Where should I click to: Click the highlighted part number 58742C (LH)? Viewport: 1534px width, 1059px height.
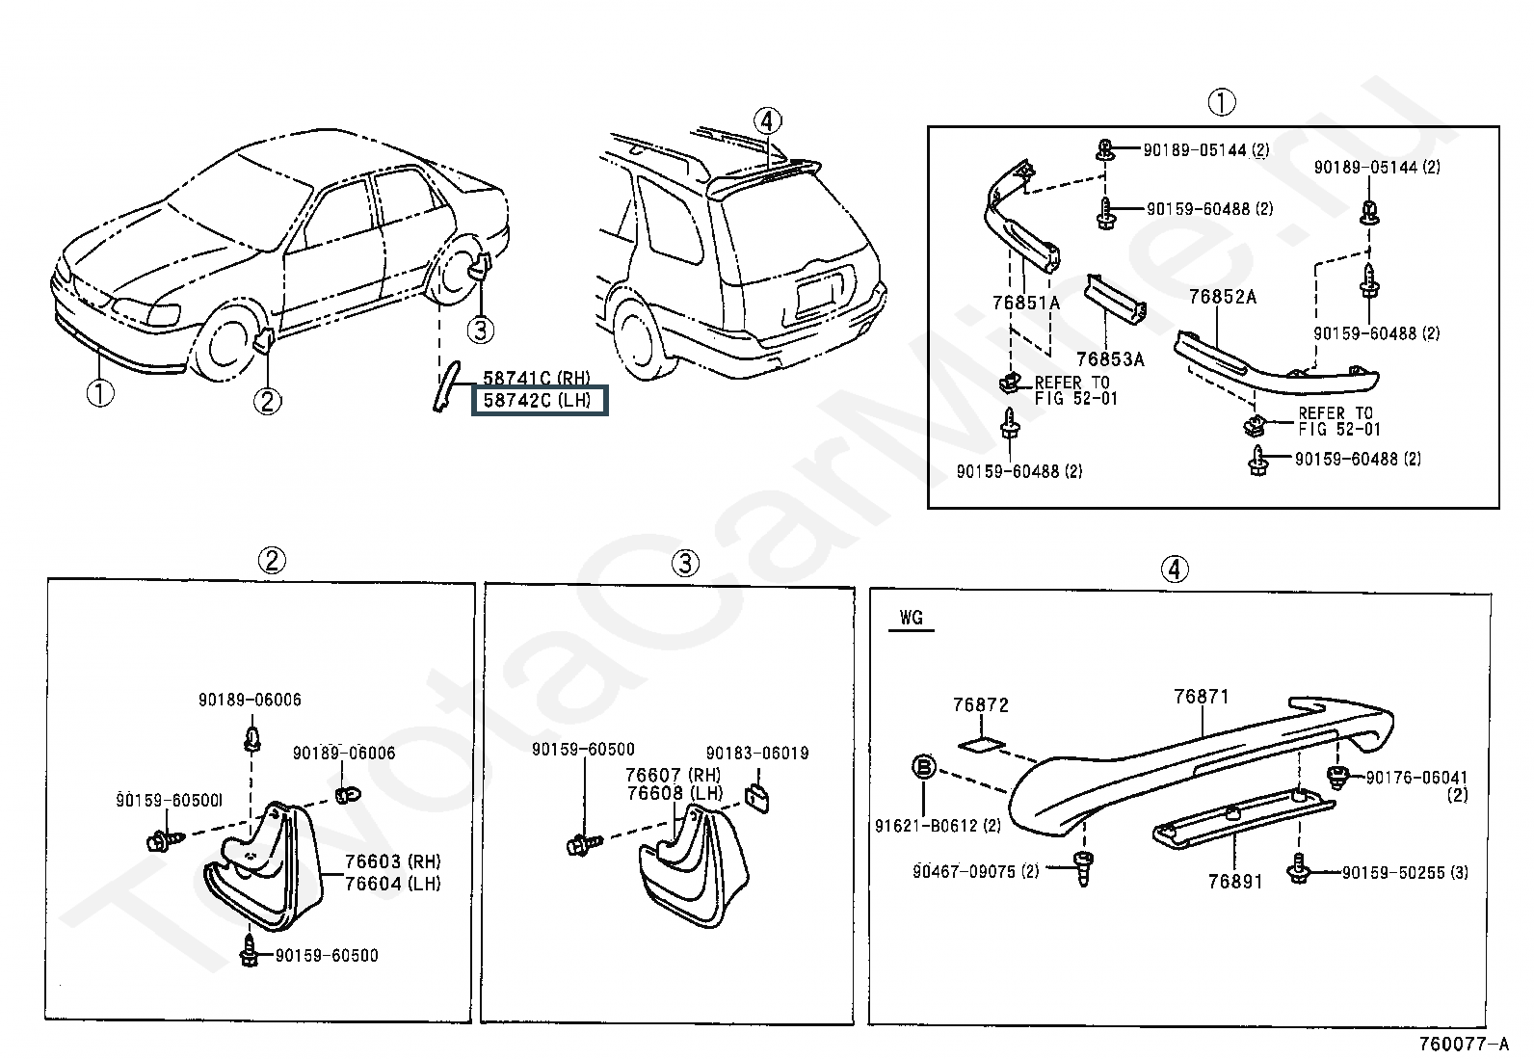pyautogui.click(x=538, y=400)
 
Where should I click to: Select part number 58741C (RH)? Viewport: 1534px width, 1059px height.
pyautogui.click(x=536, y=379)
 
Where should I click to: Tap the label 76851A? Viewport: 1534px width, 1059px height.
pyautogui.click(x=1025, y=303)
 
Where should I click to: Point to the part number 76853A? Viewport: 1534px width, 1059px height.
pyautogui.click(x=1109, y=359)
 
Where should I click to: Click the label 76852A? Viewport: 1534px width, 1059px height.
pyautogui.click(x=1222, y=297)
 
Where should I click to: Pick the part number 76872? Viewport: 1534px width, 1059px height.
pyautogui.click(x=980, y=705)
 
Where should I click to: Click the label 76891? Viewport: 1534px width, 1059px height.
pyautogui.click(x=1234, y=881)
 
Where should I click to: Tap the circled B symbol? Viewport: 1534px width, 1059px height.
pyautogui.click(x=923, y=767)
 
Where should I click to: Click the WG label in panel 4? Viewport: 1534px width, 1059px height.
pyautogui.click(x=911, y=617)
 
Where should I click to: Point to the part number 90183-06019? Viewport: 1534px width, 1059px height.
pyautogui.click(x=756, y=753)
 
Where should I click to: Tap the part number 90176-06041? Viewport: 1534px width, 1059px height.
pyautogui.click(x=1416, y=778)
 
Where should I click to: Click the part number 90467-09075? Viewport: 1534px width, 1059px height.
pyautogui.click(x=976, y=871)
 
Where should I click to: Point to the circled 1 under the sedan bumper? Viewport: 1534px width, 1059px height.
pyautogui.click(x=100, y=393)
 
